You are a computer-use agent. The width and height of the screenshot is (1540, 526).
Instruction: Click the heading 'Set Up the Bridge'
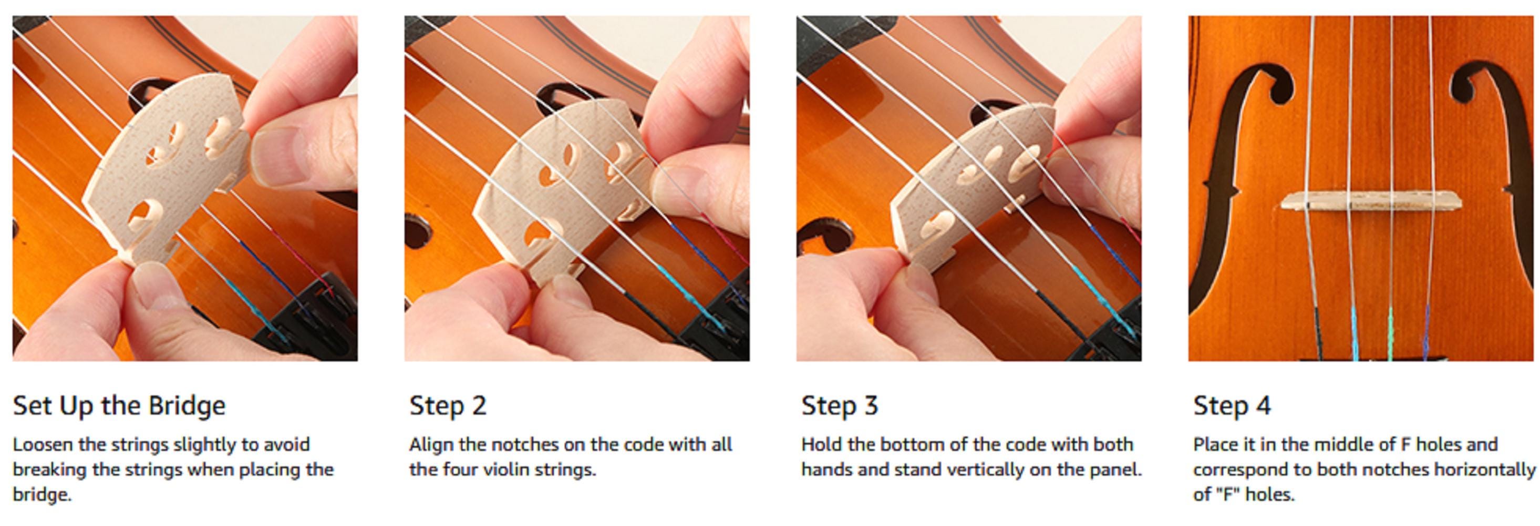point(119,406)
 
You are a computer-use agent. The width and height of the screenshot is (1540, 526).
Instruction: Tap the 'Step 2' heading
point(447,406)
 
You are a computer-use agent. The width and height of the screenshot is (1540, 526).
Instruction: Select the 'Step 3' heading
point(839,406)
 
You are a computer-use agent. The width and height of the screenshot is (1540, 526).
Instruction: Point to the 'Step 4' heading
point(1232,406)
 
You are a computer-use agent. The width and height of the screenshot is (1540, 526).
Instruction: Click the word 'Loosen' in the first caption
point(43,444)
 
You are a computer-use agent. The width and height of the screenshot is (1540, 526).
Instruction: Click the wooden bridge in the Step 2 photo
point(562,186)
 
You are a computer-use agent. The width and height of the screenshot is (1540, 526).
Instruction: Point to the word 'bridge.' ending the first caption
point(42,495)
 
